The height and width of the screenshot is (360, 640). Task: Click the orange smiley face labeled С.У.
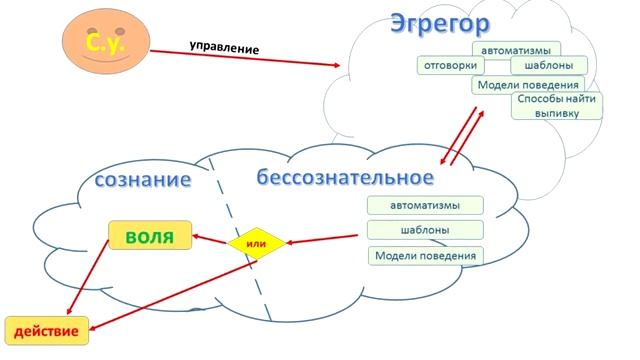[x=104, y=45]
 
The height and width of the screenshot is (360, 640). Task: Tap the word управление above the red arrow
[x=224, y=47]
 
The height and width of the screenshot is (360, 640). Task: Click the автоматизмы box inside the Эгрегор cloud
[x=515, y=49]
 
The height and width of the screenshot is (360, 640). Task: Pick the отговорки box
[x=451, y=65]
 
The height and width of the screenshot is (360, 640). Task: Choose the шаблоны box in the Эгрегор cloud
[x=541, y=65]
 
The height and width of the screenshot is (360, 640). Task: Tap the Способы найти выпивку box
[x=557, y=106]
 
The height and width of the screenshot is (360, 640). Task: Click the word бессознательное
[x=345, y=178]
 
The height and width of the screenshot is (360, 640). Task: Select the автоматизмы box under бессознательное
[x=425, y=206]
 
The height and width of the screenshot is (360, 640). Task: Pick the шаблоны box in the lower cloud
[x=425, y=230]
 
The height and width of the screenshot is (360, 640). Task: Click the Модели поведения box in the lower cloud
[x=425, y=256]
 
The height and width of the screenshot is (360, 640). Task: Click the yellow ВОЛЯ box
[x=150, y=237]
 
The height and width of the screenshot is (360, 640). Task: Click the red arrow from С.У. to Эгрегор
[x=250, y=57]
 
